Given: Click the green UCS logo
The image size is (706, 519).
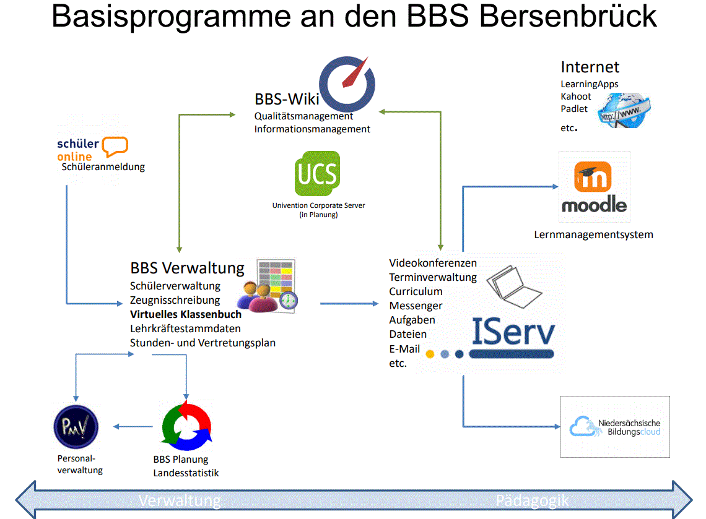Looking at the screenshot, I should tap(317, 173).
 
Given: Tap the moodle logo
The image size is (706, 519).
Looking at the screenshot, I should tap(594, 187).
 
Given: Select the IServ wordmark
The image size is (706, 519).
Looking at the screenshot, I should tap(512, 332).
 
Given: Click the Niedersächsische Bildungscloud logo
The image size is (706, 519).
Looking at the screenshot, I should tap(615, 427).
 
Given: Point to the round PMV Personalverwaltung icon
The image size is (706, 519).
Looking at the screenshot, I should tap(76, 425).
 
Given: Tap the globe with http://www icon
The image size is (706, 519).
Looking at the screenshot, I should tap(624, 110).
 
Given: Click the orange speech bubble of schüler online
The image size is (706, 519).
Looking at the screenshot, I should tap(115, 147).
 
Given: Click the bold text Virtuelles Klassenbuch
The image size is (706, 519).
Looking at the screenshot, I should tap(186, 314).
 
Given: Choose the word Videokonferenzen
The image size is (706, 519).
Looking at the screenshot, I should tap(433, 263).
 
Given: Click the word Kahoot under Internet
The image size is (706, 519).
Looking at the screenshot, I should tap(576, 97).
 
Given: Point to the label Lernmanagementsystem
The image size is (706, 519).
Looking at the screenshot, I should tap(593, 234).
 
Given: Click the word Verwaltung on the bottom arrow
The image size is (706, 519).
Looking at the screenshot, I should tap(180, 500).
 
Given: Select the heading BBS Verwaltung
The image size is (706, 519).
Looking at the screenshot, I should tap(187, 268).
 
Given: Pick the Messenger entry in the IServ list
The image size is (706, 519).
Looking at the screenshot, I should tap(416, 306).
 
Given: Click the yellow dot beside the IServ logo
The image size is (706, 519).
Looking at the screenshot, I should tap(429, 354).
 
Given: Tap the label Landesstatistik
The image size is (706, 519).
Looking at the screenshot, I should tap(186, 473).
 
